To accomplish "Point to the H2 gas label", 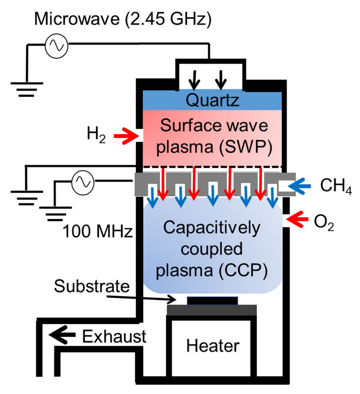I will (96, 137).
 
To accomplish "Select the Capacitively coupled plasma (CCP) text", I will (212, 249).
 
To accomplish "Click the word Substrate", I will (92, 286).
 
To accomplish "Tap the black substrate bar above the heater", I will (212, 300).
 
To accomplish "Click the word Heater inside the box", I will (212, 345).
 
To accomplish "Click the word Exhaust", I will (114, 336).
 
